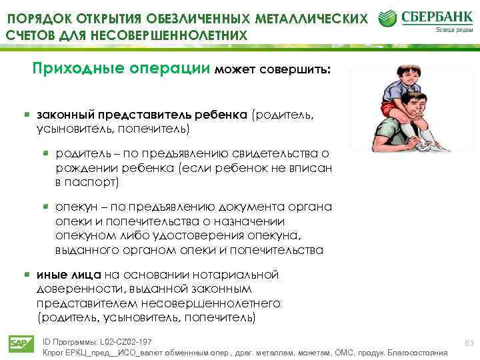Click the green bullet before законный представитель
pos(27,114)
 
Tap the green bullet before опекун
pos(46,206)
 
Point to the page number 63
pos(468,343)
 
